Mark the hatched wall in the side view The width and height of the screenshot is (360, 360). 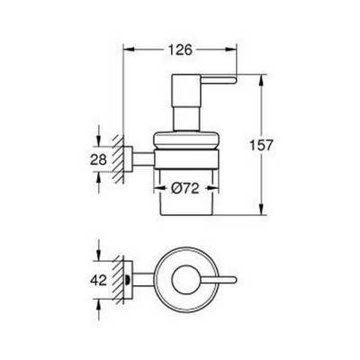pyautogui.click(x=118, y=159)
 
